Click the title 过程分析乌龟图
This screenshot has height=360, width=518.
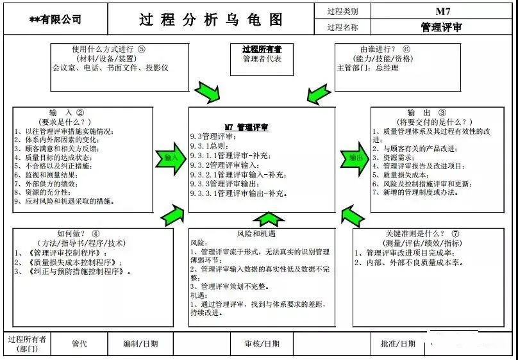click(x=211, y=19)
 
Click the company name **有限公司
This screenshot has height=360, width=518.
click(x=56, y=20)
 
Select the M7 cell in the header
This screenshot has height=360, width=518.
click(x=443, y=11)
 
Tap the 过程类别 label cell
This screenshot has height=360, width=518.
click(x=342, y=11)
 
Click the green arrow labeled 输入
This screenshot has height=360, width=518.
click(x=171, y=157)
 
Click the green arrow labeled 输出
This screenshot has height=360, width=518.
click(x=353, y=157)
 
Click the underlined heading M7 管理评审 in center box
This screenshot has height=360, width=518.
click(x=246, y=127)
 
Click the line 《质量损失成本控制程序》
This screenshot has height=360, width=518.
click(x=61, y=263)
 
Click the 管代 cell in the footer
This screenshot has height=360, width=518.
click(x=79, y=344)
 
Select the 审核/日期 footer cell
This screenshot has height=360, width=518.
click(x=262, y=344)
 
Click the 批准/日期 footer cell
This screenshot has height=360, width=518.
click(x=397, y=344)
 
